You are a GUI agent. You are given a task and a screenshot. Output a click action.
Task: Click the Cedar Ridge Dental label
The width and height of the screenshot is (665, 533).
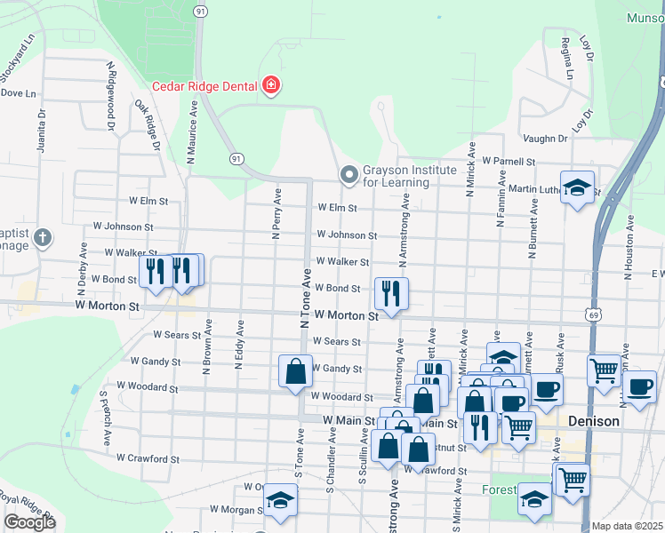click(204, 86)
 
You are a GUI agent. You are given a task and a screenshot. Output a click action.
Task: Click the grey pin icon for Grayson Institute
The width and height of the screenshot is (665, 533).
click(348, 174)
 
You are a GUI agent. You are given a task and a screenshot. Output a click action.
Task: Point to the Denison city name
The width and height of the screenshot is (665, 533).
click(593, 421)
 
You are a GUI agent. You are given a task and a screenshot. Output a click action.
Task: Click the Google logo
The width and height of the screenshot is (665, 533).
click(29, 522)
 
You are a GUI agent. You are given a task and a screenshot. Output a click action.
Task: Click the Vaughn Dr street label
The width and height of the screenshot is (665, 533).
click(545, 139)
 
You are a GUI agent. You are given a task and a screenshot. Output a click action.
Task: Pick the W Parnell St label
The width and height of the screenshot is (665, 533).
click(509, 162)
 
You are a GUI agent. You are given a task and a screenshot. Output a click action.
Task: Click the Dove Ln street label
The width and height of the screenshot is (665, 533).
click(18, 92)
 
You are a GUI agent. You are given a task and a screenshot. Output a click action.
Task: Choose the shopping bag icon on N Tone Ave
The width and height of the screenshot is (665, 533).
click(295, 371)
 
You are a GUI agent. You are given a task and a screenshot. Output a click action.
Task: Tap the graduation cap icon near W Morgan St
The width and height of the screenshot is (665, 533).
click(280, 502)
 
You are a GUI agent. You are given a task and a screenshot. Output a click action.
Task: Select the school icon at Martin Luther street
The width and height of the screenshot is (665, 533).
click(578, 187)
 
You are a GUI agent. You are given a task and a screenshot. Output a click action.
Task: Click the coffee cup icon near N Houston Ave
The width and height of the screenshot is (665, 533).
click(639, 386)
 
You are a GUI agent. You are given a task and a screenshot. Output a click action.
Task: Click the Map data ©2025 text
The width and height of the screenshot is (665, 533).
click(628, 526)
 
